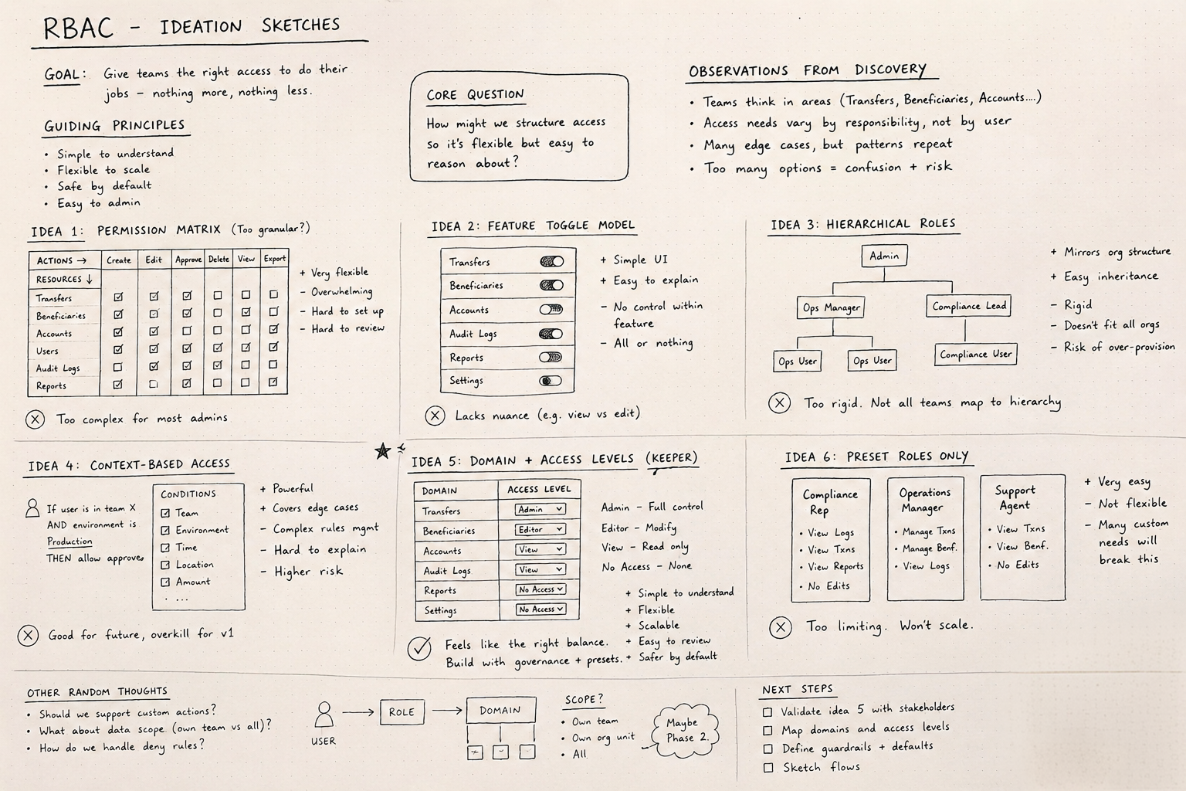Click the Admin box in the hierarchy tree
pyautogui.click(x=884, y=256)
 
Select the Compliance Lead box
pyautogui.click(x=969, y=306)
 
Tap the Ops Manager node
pyautogui.click(x=831, y=307)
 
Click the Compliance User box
pyautogui.click(x=975, y=355)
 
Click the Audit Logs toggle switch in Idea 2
pyautogui.click(x=551, y=334)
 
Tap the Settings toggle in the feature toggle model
pyautogui.click(x=551, y=381)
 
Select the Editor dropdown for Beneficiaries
pyautogui.click(x=540, y=529)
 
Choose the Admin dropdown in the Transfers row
pyautogui.click(x=540, y=510)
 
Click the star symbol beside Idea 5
pyautogui.click(x=382, y=451)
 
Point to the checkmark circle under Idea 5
pyautogui.click(x=419, y=647)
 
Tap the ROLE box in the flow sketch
pyautogui.click(x=402, y=712)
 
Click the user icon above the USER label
pyautogui.click(x=324, y=715)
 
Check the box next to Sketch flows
pyautogui.click(x=768, y=768)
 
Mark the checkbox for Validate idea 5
pyautogui.click(x=768, y=711)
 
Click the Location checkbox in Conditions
pyautogui.click(x=165, y=565)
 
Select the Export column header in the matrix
pyautogui.click(x=274, y=259)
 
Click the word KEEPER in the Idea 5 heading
pyautogui.click(x=672, y=458)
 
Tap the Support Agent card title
pyautogui.click(x=1015, y=498)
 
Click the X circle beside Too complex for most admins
pyautogui.click(x=35, y=419)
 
